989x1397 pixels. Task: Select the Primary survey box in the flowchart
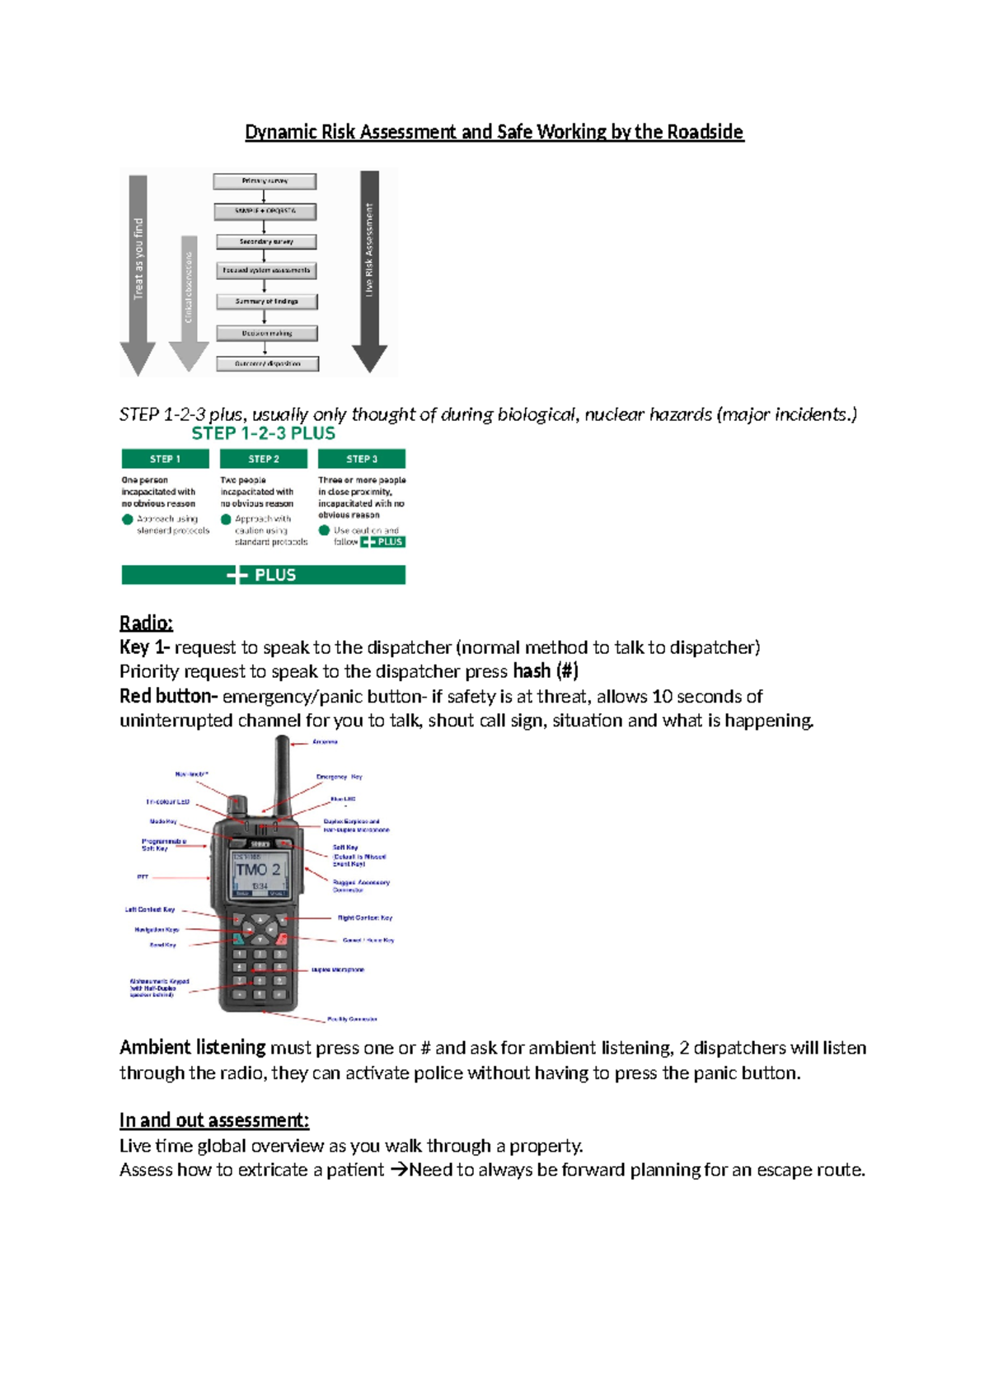(265, 181)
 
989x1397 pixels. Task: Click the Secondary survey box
(266, 242)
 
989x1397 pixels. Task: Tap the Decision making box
(267, 334)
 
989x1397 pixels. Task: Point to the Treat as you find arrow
(138, 272)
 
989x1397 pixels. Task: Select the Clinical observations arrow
(189, 297)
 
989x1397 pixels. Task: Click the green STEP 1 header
(165, 459)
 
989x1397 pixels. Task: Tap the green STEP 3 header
(362, 459)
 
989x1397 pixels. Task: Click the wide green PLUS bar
(263, 575)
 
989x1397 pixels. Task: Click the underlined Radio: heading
(146, 623)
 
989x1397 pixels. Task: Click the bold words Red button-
(168, 696)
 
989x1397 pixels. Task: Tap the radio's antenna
(282, 770)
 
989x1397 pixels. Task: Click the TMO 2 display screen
(259, 873)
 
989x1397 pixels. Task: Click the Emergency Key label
(339, 777)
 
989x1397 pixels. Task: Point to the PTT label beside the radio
(143, 877)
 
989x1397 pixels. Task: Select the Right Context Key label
(364, 918)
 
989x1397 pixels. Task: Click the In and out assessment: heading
(213, 1120)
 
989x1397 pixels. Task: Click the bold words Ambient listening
(192, 1048)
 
